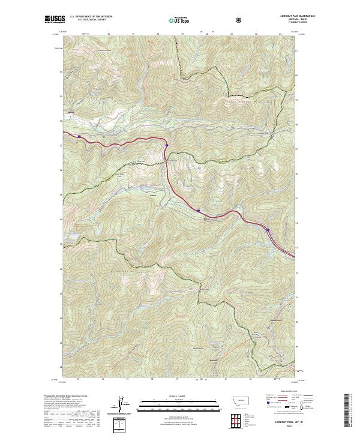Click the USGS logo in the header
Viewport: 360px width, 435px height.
(x=54, y=20)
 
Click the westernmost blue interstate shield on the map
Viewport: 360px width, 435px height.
(x=79, y=136)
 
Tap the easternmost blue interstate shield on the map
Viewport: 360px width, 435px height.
(x=268, y=229)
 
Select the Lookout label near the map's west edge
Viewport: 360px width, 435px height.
(x=71, y=112)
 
